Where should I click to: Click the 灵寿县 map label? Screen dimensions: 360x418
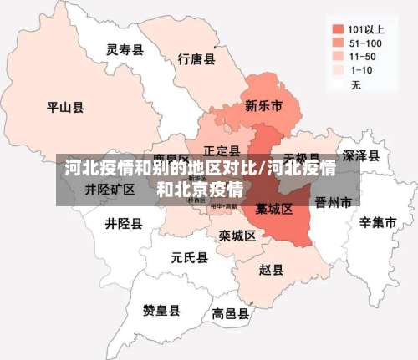(x=125, y=50)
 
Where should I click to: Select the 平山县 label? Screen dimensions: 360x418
(x=65, y=107)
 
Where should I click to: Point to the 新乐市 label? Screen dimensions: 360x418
(x=263, y=106)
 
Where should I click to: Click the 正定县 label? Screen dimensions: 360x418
(x=222, y=151)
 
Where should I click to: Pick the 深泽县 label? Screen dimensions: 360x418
(x=361, y=156)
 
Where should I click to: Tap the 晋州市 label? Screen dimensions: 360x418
(x=333, y=202)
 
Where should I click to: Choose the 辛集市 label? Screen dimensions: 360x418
(x=377, y=223)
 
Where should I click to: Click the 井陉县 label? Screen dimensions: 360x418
(x=124, y=224)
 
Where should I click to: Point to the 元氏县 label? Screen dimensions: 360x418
(x=189, y=257)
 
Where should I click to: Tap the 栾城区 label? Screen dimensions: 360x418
(x=237, y=236)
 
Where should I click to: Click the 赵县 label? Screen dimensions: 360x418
(x=271, y=270)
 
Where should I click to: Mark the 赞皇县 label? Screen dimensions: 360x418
(x=161, y=311)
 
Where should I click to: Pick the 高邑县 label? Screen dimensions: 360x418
(x=230, y=314)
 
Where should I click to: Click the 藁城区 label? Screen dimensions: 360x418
(x=274, y=208)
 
